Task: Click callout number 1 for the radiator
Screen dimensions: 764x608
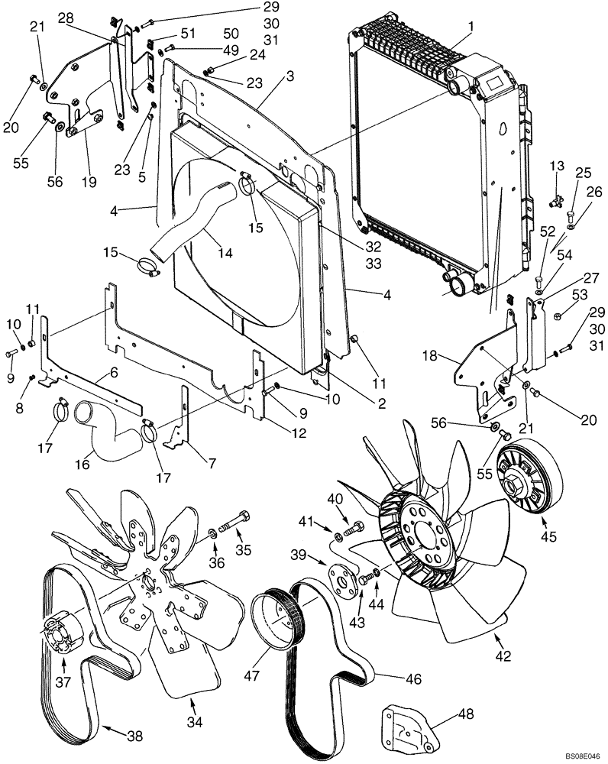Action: click(x=471, y=26)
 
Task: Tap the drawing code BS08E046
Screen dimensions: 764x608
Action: click(x=583, y=755)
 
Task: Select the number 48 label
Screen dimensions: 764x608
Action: click(x=466, y=714)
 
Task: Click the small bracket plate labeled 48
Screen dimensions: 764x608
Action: click(x=408, y=724)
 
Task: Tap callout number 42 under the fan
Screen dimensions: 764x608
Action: click(x=502, y=656)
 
